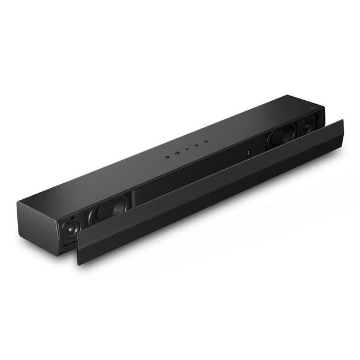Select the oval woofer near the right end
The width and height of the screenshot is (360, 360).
click(x=281, y=137)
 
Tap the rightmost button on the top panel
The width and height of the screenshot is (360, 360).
click(x=204, y=140)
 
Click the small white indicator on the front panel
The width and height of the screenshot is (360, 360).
click(x=248, y=153)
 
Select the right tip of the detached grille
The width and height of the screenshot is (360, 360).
click(x=342, y=124)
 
